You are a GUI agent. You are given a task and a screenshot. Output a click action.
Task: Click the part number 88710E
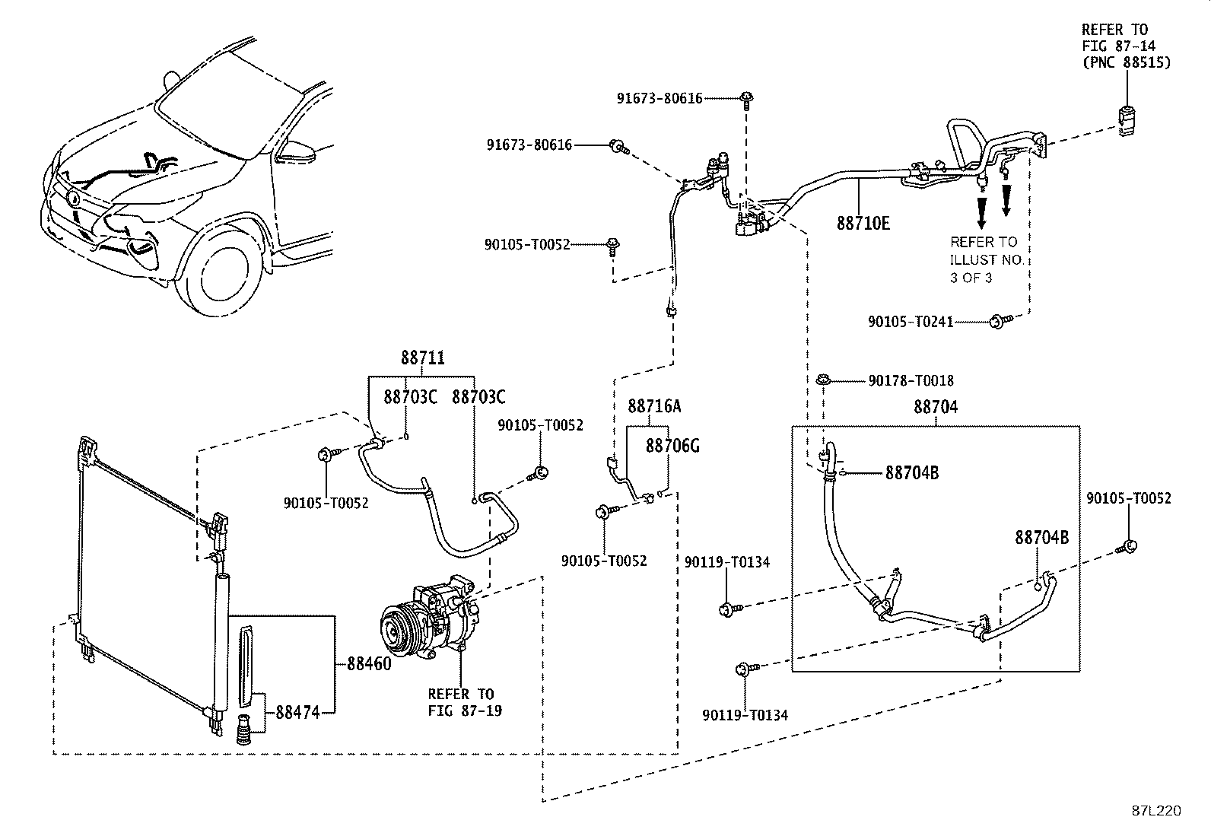pyautogui.click(x=863, y=224)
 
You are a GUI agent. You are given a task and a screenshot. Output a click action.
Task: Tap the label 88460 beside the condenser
pyautogui.click(x=369, y=663)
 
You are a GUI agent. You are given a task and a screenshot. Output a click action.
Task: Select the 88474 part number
pyautogui.click(x=298, y=712)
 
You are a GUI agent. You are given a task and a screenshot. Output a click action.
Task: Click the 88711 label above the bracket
pyautogui.click(x=423, y=358)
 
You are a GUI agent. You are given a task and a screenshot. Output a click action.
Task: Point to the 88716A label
pyautogui.click(x=654, y=405)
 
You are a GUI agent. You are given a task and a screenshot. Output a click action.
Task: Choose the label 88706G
pyautogui.click(x=672, y=446)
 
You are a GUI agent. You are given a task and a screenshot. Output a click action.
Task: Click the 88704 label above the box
pyautogui.click(x=936, y=407)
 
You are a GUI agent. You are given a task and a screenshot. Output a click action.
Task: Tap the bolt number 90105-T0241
pyautogui.click(x=911, y=322)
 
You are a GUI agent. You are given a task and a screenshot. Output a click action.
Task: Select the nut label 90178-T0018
pyautogui.click(x=911, y=380)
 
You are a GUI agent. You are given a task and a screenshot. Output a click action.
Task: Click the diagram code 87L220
pyautogui.click(x=1156, y=811)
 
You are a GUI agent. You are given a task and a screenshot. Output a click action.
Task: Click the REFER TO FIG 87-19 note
pyautogui.click(x=465, y=702)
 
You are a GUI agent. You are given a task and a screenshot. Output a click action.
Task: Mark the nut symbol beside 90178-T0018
pyautogui.click(x=823, y=380)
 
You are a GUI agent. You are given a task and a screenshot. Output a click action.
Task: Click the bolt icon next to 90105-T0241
pyautogui.click(x=1000, y=321)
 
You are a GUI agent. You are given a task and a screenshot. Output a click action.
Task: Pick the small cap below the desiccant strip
pyautogui.click(x=244, y=730)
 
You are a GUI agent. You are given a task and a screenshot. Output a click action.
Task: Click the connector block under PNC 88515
pyautogui.click(x=1126, y=122)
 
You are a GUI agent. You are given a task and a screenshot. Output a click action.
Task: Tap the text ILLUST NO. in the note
pyautogui.click(x=987, y=260)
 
